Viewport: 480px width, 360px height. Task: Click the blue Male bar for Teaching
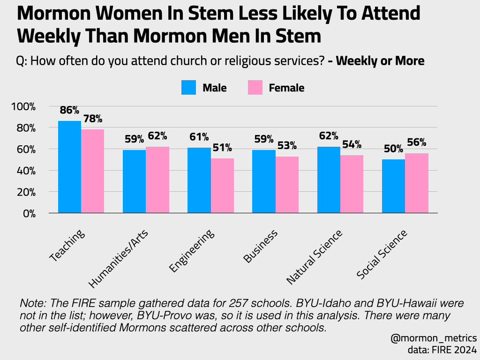click(69, 167)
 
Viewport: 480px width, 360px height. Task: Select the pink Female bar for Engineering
click(222, 186)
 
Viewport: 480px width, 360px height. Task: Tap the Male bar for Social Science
click(393, 186)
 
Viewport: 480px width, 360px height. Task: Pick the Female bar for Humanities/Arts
click(157, 180)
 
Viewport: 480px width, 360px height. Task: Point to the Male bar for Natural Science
click(329, 180)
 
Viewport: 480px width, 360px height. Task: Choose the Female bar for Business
click(287, 185)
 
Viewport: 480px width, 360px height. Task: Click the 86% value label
click(69, 111)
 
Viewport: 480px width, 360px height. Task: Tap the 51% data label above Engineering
click(222, 148)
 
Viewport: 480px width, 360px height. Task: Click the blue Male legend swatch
click(188, 88)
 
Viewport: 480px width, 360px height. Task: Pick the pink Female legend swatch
click(255, 88)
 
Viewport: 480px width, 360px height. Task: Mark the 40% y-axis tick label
click(25, 171)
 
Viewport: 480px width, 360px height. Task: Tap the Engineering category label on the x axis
click(192, 251)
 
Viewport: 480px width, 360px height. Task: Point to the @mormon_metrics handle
click(433, 338)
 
